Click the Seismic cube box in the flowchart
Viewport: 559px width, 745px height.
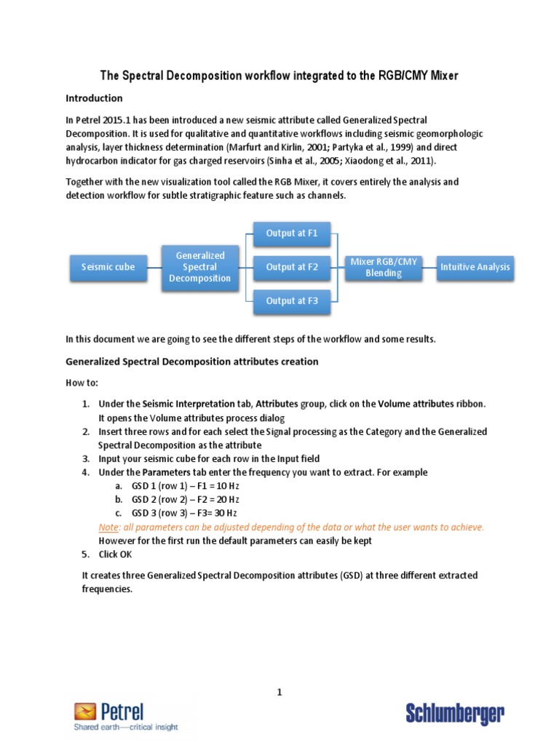pyautogui.click(x=108, y=267)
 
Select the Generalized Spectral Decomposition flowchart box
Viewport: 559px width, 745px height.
pyautogui.click(x=199, y=267)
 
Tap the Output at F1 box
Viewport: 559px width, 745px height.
pyautogui.click(x=292, y=234)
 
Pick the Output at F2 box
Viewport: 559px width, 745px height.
pyautogui.click(x=292, y=267)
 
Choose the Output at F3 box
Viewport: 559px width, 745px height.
pyautogui.click(x=292, y=300)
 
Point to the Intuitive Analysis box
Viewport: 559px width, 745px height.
pyautogui.click(x=475, y=267)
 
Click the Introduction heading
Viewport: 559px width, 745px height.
pyautogui.click(x=94, y=98)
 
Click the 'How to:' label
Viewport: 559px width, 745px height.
pyautogui.click(x=82, y=383)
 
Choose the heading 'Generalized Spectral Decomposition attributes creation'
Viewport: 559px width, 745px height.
pyautogui.click(x=192, y=362)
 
